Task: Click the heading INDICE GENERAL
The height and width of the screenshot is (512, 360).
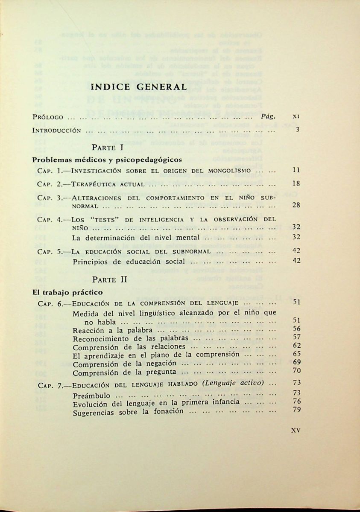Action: click(139, 87)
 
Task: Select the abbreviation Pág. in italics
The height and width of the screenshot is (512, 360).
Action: click(268, 116)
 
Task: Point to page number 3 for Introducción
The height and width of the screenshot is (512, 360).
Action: click(297, 131)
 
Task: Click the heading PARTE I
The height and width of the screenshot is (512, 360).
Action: click(108, 147)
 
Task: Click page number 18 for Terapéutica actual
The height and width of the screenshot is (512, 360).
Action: click(297, 183)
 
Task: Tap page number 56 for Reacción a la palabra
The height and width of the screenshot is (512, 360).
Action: click(297, 329)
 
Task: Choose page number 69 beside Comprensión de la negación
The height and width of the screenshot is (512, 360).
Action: click(297, 362)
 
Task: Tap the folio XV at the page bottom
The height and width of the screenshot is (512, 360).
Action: click(296, 431)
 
